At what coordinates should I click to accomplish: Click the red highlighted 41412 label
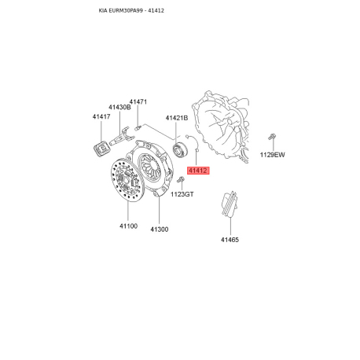pyautogui.click(x=198, y=171)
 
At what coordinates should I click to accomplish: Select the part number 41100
pyautogui.click(x=128, y=226)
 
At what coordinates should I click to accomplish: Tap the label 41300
pyautogui.click(x=160, y=230)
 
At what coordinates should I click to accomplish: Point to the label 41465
pyautogui.click(x=230, y=240)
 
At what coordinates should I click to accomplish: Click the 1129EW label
pyautogui.click(x=272, y=155)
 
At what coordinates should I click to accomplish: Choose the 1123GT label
pyautogui.click(x=182, y=194)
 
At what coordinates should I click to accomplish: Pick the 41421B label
pyautogui.click(x=177, y=118)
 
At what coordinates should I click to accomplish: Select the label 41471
pyautogui.click(x=138, y=101)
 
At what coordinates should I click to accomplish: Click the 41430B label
pyautogui.click(x=119, y=107)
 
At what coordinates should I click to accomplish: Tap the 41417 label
pyautogui.click(x=101, y=116)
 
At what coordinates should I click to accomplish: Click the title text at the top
pyautogui.click(x=131, y=10)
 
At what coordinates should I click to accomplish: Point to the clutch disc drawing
pyautogui.click(x=126, y=180)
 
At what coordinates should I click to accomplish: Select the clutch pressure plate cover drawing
pyautogui.click(x=152, y=167)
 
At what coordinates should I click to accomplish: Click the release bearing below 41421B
pyautogui.click(x=181, y=150)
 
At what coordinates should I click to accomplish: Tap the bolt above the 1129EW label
pyautogui.click(x=272, y=137)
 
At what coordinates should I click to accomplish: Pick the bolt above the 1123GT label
pyautogui.click(x=181, y=179)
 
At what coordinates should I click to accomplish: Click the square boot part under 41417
pyautogui.click(x=102, y=149)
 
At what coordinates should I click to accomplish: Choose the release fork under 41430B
pyautogui.click(x=122, y=137)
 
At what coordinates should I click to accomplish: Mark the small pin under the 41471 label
pyautogui.click(x=138, y=127)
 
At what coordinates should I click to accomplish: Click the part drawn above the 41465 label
pyautogui.click(x=230, y=204)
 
